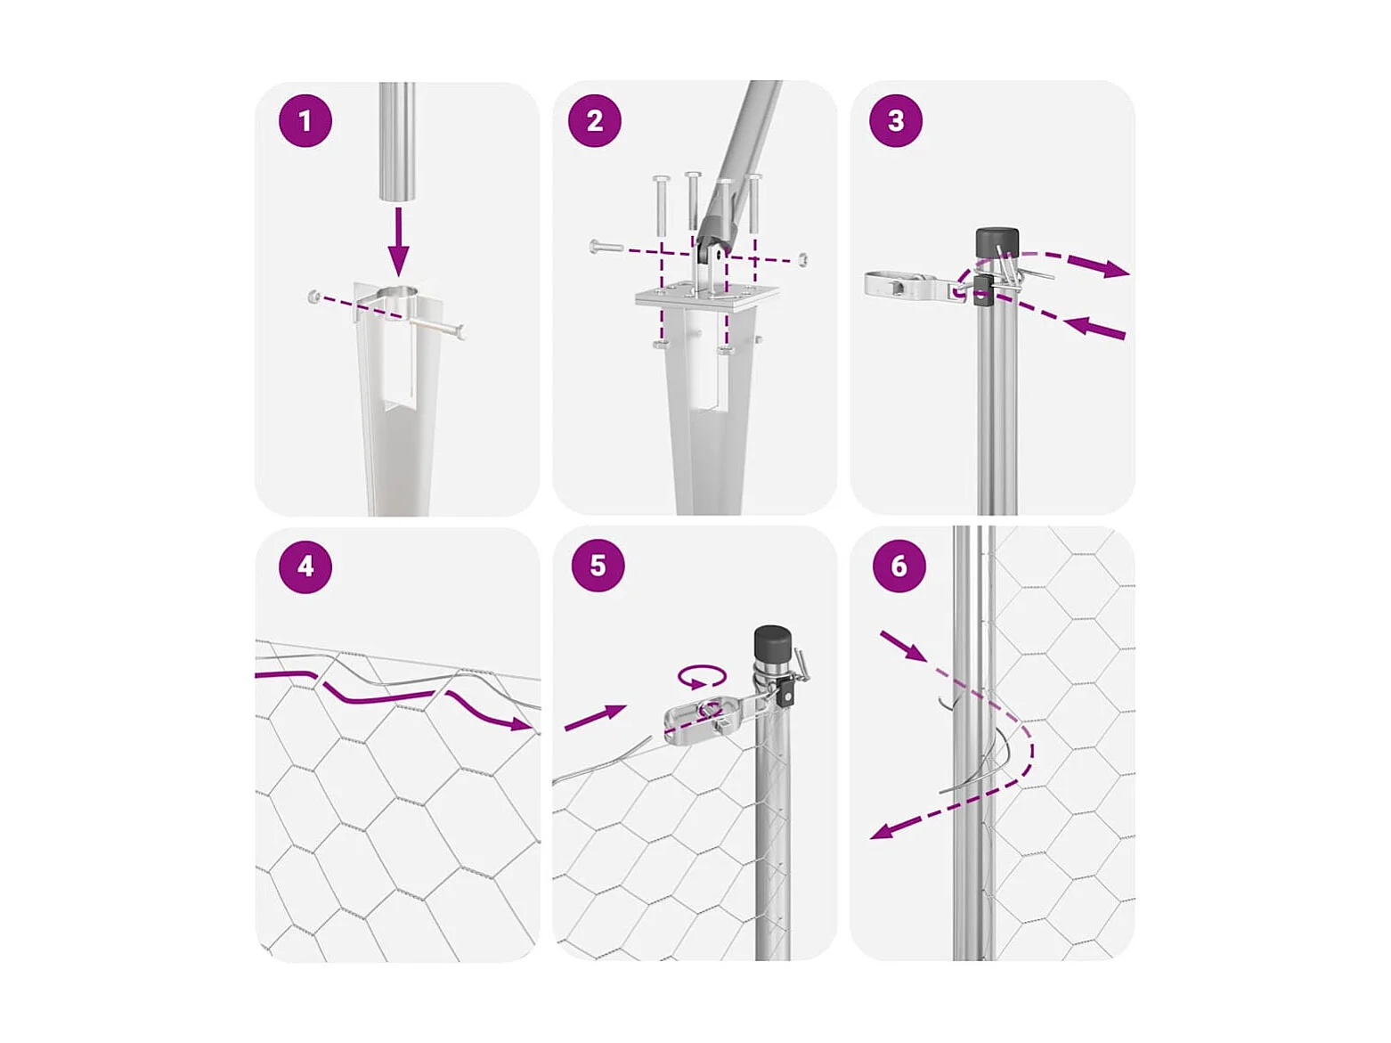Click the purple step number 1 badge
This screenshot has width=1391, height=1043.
coord(305,121)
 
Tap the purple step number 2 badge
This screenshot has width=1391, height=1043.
coord(594,121)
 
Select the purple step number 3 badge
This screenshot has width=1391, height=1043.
coord(895,121)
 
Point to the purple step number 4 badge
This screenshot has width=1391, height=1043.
coord(305,566)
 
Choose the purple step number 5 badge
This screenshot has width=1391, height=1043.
coord(597,566)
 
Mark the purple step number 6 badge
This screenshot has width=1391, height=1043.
coord(898,566)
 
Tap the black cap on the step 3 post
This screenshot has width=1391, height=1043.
coord(996,241)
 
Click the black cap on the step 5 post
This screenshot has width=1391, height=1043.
coord(772,642)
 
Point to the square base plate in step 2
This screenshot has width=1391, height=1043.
coord(707,297)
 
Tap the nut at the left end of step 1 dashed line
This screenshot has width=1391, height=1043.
coord(313,296)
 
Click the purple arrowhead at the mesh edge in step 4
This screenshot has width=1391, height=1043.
coord(522,723)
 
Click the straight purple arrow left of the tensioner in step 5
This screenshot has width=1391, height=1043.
coord(594,717)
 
